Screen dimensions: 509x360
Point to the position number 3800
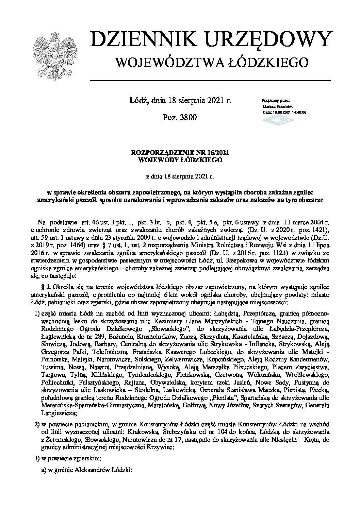[x=188, y=117]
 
